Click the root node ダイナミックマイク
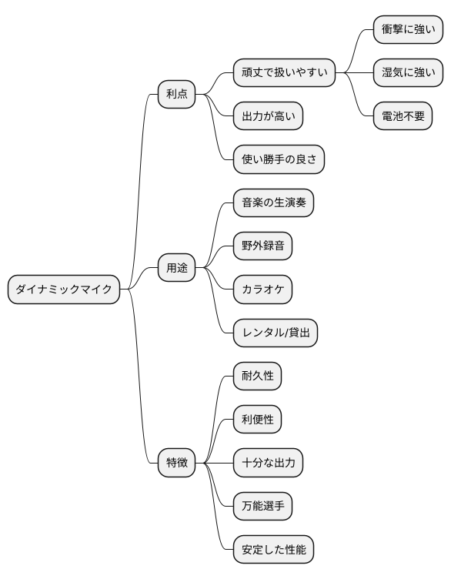click(64, 289)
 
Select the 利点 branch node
click(176, 95)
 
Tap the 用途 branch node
click(176, 269)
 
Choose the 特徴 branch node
click(176, 464)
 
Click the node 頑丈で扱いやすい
click(284, 74)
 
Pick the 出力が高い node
click(268, 116)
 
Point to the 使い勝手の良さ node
click(279, 159)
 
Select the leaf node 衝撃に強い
click(408, 30)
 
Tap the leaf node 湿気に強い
click(408, 74)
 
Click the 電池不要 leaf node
click(403, 116)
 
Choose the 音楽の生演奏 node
click(273, 203)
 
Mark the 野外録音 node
click(262, 246)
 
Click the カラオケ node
click(262, 289)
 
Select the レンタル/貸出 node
click(276, 333)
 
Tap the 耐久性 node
click(257, 377)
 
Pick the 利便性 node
click(257, 420)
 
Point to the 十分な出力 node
click(268, 464)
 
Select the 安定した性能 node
click(273, 550)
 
